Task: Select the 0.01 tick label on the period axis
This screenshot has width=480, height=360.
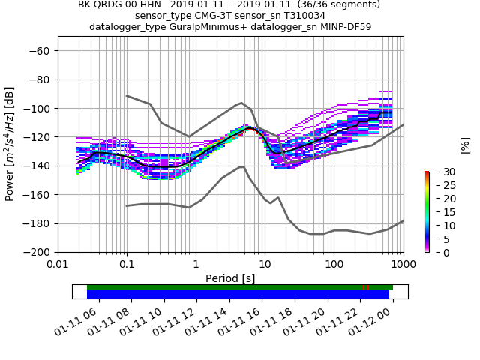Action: click(x=58, y=264)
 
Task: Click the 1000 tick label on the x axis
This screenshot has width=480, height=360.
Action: click(x=403, y=264)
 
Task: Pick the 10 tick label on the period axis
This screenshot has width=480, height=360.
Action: click(x=265, y=264)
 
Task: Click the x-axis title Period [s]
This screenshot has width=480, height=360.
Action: click(x=230, y=277)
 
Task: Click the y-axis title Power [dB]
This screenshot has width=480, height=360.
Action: click(x=10, y=144)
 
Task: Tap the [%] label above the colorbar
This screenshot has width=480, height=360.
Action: click(x=465, y=145)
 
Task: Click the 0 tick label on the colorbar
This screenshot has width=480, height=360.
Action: click(x=438, y=253)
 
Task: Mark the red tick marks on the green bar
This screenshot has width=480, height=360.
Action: click(x=365, y=287)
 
